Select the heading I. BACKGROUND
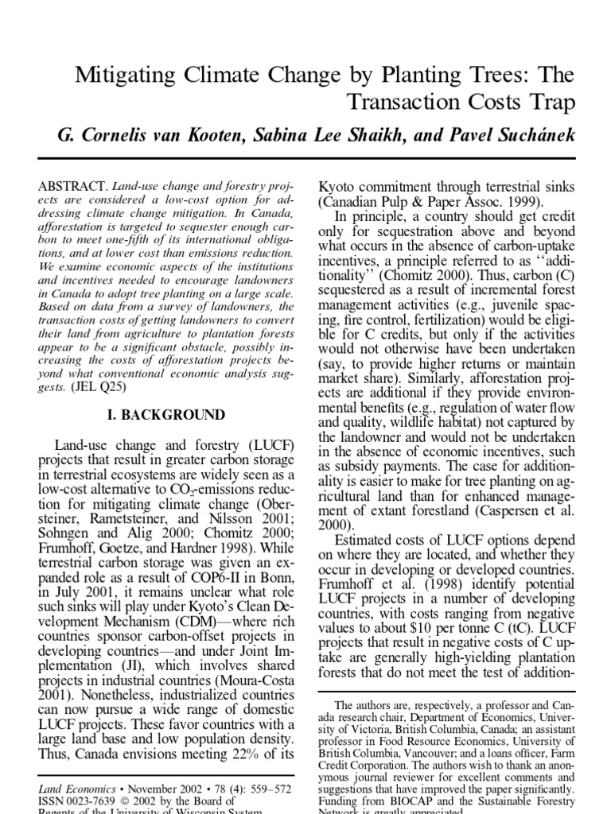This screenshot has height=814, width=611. point(165,415)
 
